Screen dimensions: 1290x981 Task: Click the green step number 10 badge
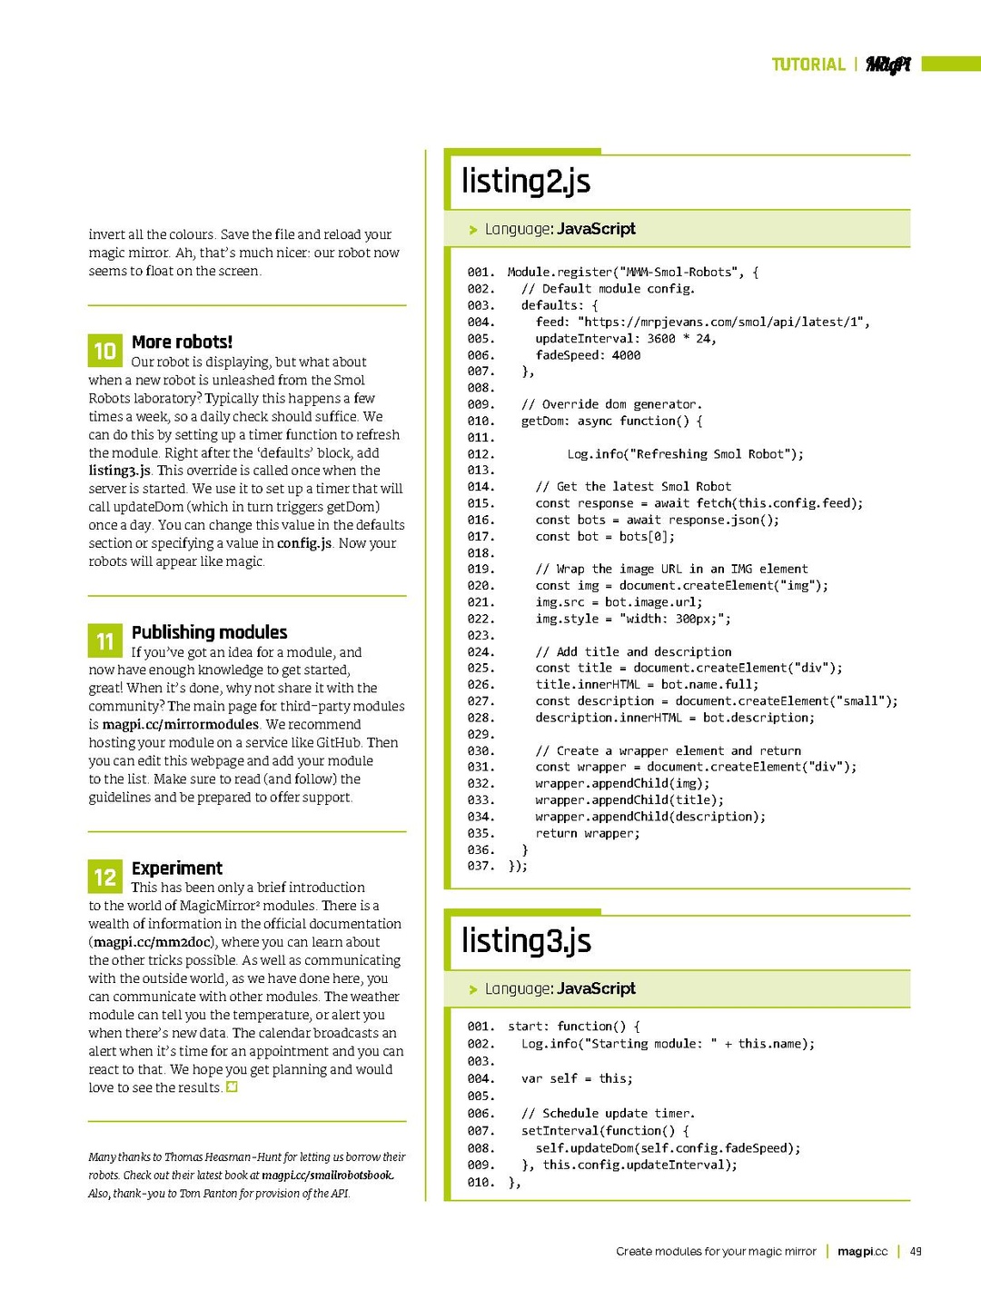(x=104, y=351)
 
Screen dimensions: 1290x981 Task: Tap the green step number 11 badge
(x=104, y=641)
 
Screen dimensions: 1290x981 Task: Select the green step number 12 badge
(x=104, y=877)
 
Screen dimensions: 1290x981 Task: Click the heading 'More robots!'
(x=182, y=342)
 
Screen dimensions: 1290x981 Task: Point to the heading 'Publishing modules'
(x=209, y=632)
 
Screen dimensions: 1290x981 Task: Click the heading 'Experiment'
(x=176, y=868)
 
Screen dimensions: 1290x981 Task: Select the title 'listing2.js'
(x=526, y=181)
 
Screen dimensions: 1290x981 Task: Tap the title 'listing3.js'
(x=526, y=940)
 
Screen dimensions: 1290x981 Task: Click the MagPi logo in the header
(x=887, y=64)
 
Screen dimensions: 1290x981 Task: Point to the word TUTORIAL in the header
(x=808, y=64)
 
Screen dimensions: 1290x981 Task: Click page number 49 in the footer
(x=916, y=1251)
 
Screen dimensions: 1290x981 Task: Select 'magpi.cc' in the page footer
(x=862, y=1251)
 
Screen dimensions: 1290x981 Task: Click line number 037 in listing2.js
(x=481, y=866)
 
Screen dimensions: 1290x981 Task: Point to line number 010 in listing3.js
(x=481, y=1182)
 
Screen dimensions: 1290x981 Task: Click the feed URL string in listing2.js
(x=723, y=322)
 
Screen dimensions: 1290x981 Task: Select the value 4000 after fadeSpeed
(x=626, y=355)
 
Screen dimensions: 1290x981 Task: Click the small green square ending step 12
(x=232, y=1087)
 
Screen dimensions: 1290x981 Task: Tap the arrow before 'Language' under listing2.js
(x=473, y=230)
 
